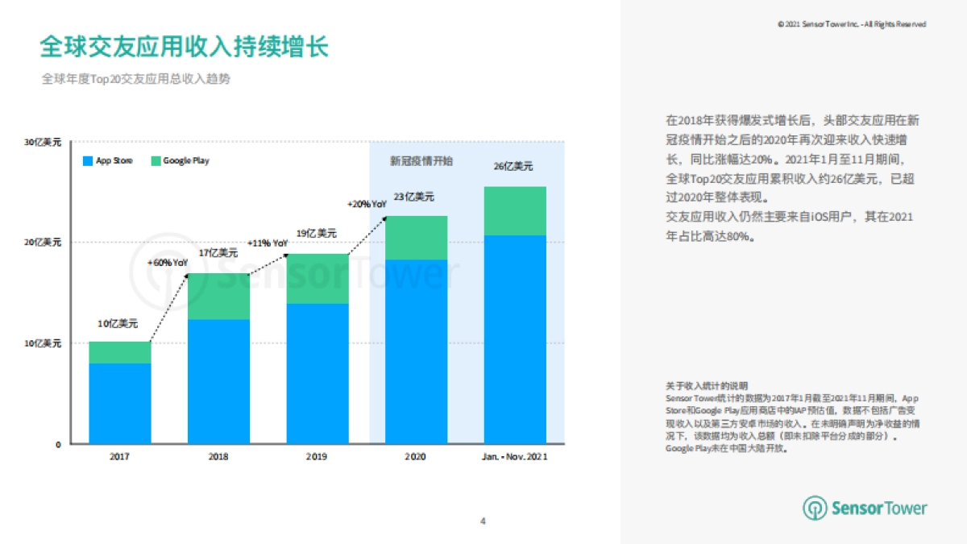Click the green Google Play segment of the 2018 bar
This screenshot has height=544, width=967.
coord(218,297)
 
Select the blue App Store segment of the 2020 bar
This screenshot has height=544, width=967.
coord(417,351)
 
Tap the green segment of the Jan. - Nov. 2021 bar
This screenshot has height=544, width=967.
coord(515,211)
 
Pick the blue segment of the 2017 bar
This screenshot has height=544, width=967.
coord(120,403)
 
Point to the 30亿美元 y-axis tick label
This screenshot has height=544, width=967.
coord(43,142)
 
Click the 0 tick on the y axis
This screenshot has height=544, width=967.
coord(58,444)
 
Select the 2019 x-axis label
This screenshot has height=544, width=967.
coord(317,456)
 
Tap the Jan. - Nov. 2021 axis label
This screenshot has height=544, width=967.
coord(515,456)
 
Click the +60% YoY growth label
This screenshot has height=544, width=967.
coord(168,263)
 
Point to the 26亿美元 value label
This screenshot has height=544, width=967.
coord(513,167)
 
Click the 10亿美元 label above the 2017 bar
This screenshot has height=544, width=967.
coord(118,325)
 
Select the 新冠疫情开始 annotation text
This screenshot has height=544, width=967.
coord(421,161)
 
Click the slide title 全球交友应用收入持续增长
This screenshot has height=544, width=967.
coord(185,46)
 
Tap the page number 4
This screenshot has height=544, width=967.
coord(483,521)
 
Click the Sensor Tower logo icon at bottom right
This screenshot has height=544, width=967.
coord(816,508)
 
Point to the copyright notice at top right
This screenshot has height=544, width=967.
coord(852,24)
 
